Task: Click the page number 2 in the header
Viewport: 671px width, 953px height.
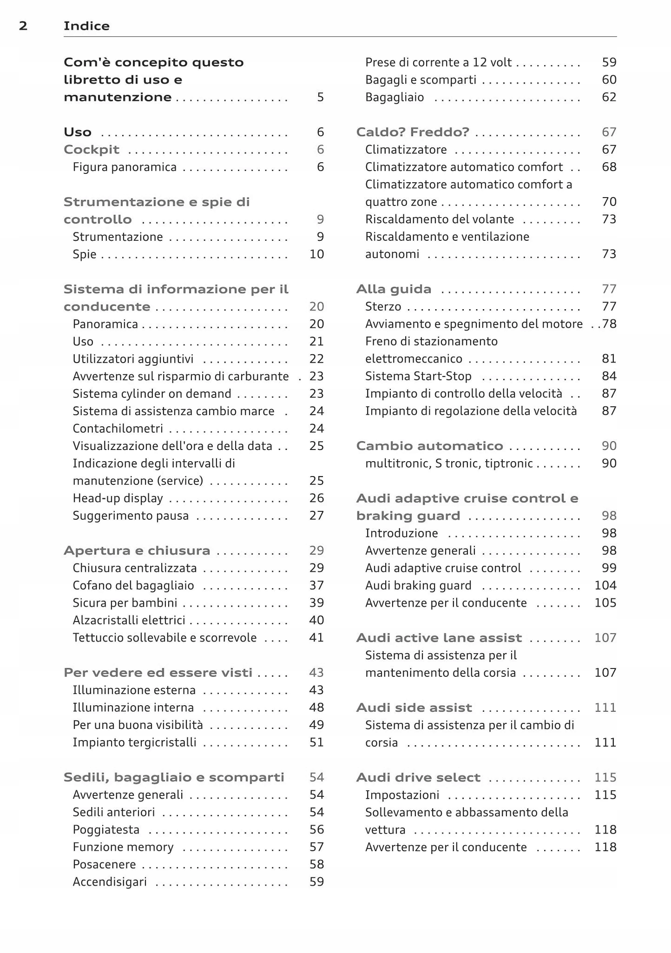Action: click(23, 26)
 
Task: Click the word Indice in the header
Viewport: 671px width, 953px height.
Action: click(86, 26)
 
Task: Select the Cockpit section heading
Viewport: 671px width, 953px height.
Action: click(92, 150)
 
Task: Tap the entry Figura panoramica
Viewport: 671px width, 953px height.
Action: click(125, 167)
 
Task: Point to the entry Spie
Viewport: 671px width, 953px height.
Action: click(85, 254)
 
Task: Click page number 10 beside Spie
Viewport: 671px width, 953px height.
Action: click(316, 254)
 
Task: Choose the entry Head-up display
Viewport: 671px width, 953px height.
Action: click(118, 498)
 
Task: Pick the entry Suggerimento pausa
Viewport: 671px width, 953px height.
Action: click(131, 516)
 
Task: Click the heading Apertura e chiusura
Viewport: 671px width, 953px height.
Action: click(137, 550)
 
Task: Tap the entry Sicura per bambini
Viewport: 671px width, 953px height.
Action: click(125, 603)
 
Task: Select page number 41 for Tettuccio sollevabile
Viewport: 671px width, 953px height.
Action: click(316, 638)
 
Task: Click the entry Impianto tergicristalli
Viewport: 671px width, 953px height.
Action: click(134, 742)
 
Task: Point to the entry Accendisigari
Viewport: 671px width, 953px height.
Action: click(110, 882)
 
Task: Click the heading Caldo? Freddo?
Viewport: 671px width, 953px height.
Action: click(413, 132)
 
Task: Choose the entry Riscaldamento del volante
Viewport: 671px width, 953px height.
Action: click(440, 219)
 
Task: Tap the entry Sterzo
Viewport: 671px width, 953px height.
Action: click(383, 307)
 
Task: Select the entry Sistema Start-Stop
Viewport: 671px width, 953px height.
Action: click(418, 376)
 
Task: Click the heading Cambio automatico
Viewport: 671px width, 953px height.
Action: click(429, 446)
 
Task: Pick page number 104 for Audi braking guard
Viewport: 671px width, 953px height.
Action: click(605, 585)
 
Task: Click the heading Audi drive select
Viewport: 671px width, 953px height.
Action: click(418, 777)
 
